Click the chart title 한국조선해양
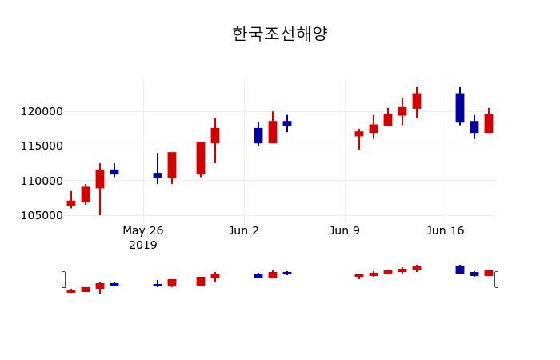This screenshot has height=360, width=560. coord(280,34)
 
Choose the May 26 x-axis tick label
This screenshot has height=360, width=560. coord(143,230)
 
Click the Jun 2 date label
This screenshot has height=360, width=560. coord(244,230)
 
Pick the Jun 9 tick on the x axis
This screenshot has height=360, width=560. coord(345,230)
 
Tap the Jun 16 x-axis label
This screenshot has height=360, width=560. coord(446,230)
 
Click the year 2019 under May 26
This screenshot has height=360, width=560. coord(143,245)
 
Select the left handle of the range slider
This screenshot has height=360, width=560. coord(63,279)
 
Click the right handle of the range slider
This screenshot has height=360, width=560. coord(496,279)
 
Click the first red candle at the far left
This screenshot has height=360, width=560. coord(71,203)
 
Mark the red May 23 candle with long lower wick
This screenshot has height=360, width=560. coord(100,178)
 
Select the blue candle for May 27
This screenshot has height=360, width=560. coord(158,175)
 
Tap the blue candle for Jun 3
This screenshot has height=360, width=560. coord(258,135)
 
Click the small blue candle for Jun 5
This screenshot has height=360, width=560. coord(287,123)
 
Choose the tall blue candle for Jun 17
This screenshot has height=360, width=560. coord(460,108)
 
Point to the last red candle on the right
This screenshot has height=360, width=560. coord(489,123)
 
